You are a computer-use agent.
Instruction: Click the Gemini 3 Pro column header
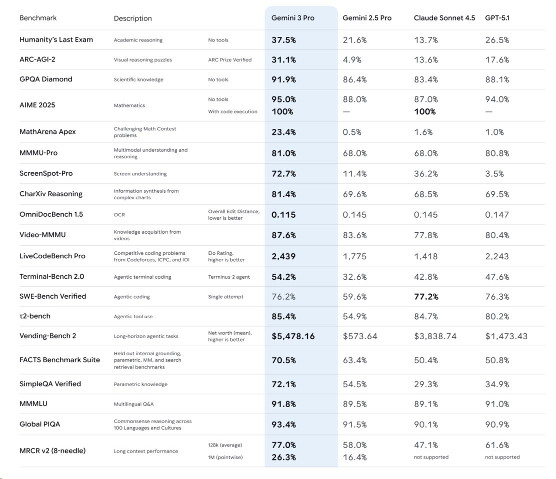[x=293, y=18]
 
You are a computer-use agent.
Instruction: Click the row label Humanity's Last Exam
[x=56, y=39]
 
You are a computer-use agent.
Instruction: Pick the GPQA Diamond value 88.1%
[x=497, y=79]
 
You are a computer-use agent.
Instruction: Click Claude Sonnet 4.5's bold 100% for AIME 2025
[x=425, y=111]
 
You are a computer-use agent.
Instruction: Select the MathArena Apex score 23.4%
[x=283, y=132]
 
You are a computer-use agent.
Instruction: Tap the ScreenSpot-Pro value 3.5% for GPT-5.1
[x=494, y=174]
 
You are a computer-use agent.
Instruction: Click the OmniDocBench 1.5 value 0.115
[x=283, y=215]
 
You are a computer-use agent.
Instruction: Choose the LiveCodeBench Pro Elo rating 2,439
[x=283, y=256]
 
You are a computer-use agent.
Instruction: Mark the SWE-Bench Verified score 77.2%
[x=426, y=297]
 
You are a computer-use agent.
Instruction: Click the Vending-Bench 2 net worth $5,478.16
[x=293, y=336]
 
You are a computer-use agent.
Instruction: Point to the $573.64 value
[x=360, y=336]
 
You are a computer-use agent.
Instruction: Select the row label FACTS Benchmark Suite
[x=59, y=360]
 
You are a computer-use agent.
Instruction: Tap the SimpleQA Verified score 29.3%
[x=426, y=384]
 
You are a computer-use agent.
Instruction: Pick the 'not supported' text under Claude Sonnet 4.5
[x=431, y=457]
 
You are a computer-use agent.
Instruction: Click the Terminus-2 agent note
[x=228, y=277]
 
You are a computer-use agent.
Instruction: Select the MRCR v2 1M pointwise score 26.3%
[x=283, y=457]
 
